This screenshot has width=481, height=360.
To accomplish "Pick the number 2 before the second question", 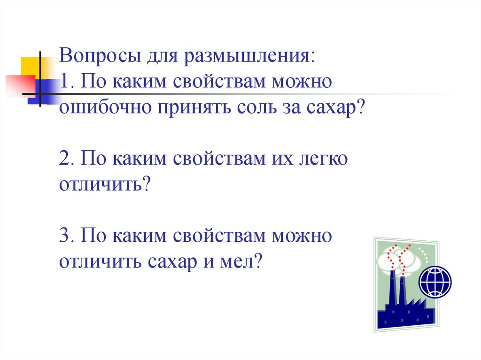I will click(x=65, y=159).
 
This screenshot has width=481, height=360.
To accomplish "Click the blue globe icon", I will click(x=435, y=281).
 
